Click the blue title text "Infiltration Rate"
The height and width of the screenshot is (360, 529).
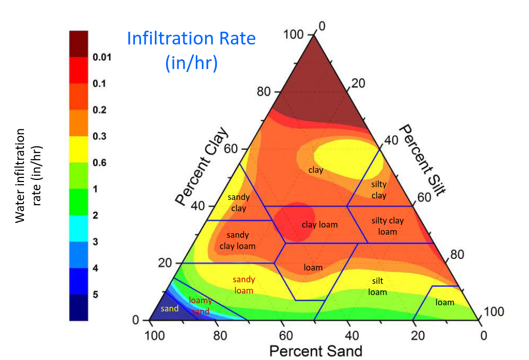tap(191, 38)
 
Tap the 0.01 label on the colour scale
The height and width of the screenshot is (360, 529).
tap(102, 57)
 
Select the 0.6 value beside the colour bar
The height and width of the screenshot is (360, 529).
tap(99, 163)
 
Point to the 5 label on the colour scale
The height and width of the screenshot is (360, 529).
tap(96, 295)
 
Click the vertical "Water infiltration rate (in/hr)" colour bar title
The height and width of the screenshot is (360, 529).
tap(28, 175)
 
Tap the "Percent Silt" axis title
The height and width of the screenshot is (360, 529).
tap(422, 160)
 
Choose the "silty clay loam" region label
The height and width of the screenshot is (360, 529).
tap(387, 226)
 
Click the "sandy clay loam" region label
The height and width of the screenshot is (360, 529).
tap(238, 240)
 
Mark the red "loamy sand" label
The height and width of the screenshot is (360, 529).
tap(200, 306)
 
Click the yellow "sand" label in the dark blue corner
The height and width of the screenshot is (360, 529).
tap(170, 309)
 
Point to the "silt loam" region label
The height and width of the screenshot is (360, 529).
tap(378, 287)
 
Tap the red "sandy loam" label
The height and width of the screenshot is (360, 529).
tap(244, 285)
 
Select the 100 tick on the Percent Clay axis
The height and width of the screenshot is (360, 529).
tap(293, 35)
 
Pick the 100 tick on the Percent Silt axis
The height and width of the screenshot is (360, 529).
tap(494, 312)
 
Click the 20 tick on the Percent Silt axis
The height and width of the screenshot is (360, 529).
tap(358, 83)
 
